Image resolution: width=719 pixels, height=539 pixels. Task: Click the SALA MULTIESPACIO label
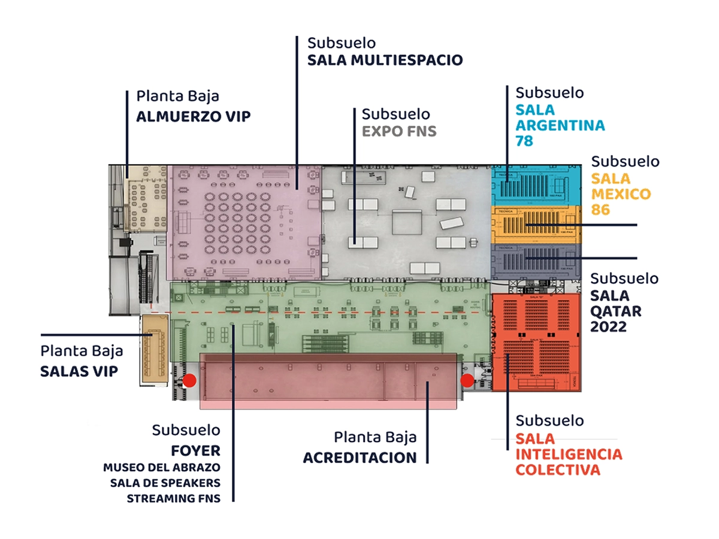[385, 60]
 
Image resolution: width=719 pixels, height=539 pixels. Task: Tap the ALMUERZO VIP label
[193, 116]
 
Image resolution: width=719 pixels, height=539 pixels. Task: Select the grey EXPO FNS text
[399, 131]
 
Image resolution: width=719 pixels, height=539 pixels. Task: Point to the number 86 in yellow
[601, 210]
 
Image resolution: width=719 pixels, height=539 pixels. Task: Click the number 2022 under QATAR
[608, 327]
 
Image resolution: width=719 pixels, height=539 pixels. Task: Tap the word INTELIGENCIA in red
[569, 454]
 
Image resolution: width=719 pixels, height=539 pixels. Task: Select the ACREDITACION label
[359, 458]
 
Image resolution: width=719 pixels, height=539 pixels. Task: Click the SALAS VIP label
[78, 371]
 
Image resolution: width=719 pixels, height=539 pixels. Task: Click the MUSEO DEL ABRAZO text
[162, 467]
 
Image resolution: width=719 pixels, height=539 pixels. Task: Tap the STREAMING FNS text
[173, 498]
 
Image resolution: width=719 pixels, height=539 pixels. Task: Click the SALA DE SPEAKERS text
[165, 483]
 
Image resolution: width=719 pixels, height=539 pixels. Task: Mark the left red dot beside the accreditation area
[190, 380]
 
